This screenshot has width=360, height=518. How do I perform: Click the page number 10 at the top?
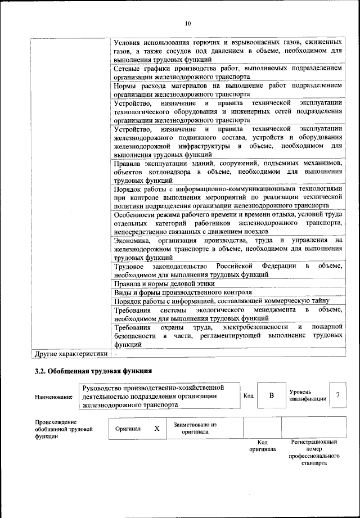coord(188,24)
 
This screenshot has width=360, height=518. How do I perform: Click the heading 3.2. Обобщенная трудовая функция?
coord(93,371)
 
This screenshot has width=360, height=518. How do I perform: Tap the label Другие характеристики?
coord(70,354)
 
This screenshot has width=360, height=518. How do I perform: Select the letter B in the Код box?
coord(271,396)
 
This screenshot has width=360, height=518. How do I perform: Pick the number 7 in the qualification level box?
coord(337,395)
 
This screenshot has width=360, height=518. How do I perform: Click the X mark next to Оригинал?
coord(157,429)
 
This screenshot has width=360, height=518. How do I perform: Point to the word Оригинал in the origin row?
coord(128,429)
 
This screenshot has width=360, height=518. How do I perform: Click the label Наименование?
coord(53,397)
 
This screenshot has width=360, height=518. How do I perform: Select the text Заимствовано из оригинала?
coord(195,429)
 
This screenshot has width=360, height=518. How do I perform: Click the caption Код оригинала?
coord(262,446)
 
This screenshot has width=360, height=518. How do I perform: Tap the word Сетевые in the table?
coord(128,68)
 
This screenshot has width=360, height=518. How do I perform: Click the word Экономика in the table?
coord(132,240)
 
